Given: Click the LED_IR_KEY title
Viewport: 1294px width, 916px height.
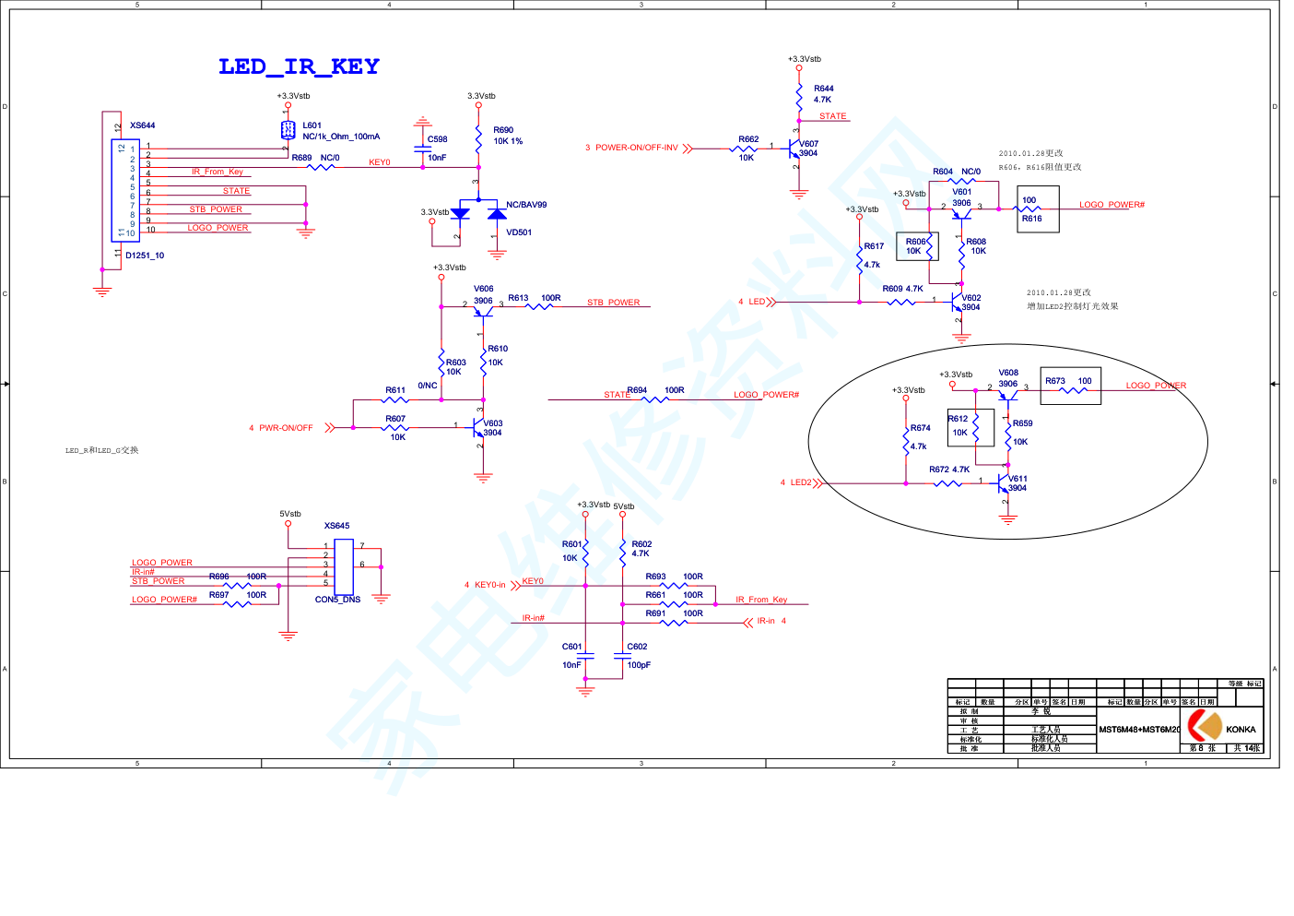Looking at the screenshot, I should click(299, 66).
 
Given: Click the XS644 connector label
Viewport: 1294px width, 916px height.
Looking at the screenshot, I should click(143, 125).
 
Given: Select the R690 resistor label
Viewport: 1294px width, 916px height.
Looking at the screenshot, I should click(503, 130).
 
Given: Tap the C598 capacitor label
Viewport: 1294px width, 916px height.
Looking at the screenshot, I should click(437, 139).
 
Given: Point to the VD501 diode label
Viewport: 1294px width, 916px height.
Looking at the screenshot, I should click(519, 232).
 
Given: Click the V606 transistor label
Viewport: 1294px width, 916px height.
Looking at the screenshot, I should click(484, 289).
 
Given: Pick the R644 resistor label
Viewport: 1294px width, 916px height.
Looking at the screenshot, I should click(823, 89).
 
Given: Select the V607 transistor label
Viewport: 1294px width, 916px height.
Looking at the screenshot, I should click(808, 144).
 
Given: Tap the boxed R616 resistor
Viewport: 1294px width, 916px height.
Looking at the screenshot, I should click(1038, 209).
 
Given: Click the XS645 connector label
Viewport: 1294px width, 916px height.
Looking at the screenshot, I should click(336, 526).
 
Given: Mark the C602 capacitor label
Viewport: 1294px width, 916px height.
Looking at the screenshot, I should click(637, 647).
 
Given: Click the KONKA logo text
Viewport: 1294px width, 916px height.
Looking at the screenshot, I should click(1241, 730).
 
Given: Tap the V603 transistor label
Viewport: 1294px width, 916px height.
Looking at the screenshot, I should click(493, 423).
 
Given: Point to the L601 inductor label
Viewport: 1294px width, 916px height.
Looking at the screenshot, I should click(312, 125).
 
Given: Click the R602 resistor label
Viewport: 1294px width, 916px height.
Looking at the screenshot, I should click(641, 544).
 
